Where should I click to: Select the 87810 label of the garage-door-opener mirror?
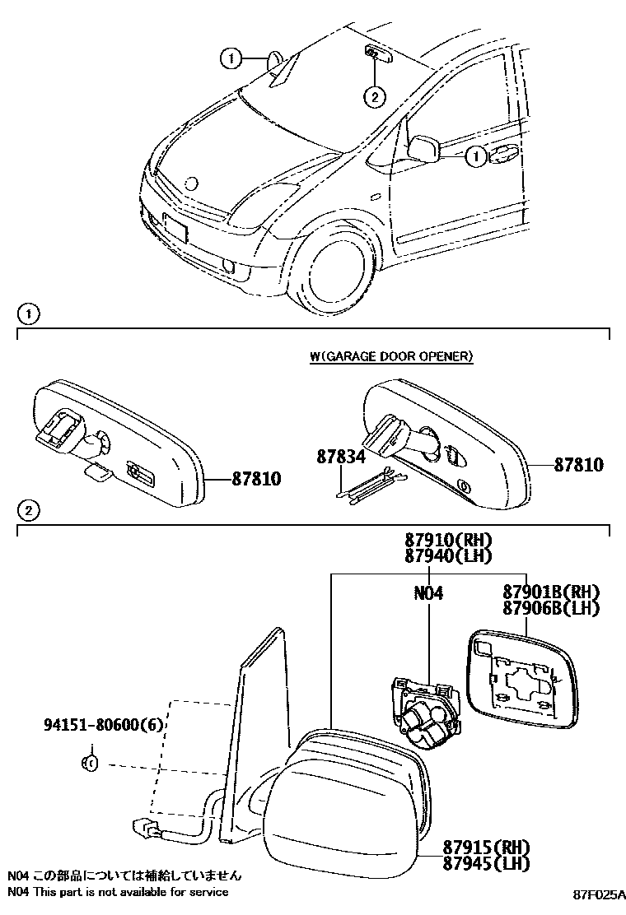point(577,466)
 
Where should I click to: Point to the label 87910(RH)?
point(447,541)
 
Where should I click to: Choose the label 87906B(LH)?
point(550,609)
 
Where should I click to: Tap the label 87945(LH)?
point(485,863)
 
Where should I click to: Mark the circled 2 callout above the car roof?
point(374,97)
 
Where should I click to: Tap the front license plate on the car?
point(175,227)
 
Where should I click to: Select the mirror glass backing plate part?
point(521,680)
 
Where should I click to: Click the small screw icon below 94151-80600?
point(91,763)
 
